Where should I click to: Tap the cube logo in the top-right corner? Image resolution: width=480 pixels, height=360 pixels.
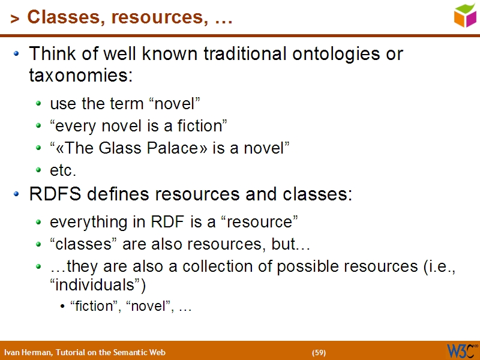point(464,16)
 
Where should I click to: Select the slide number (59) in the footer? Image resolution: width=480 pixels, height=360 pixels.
point(319,352)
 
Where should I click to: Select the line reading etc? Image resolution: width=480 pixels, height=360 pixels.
point(63,171)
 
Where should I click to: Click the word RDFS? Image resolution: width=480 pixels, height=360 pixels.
point(52,195)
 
